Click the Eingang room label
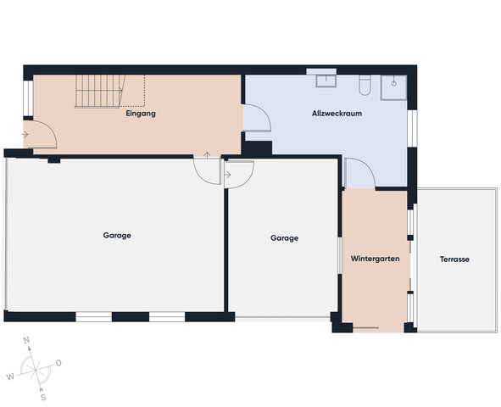click(141, 114)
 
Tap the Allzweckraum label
click(337, 114)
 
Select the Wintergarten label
click(375, 259)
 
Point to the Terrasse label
click(454, 259)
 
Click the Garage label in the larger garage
click(117, 236)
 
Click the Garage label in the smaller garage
click(284, 238)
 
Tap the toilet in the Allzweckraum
click(365, 85)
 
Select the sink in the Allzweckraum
click(326, 81)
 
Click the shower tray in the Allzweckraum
click(393, 87)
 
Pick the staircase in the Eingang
click(100, 92)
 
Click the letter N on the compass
click(27, 340)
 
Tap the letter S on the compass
click(43, 398)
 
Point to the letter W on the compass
click(10, 377)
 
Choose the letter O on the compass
click(58, 363)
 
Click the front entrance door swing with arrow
click(40, 135)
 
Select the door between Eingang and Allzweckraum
click(257, 118)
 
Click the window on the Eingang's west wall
click(28, 98)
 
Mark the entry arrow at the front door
click(25, 135)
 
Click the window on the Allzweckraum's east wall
click(412, 128)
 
